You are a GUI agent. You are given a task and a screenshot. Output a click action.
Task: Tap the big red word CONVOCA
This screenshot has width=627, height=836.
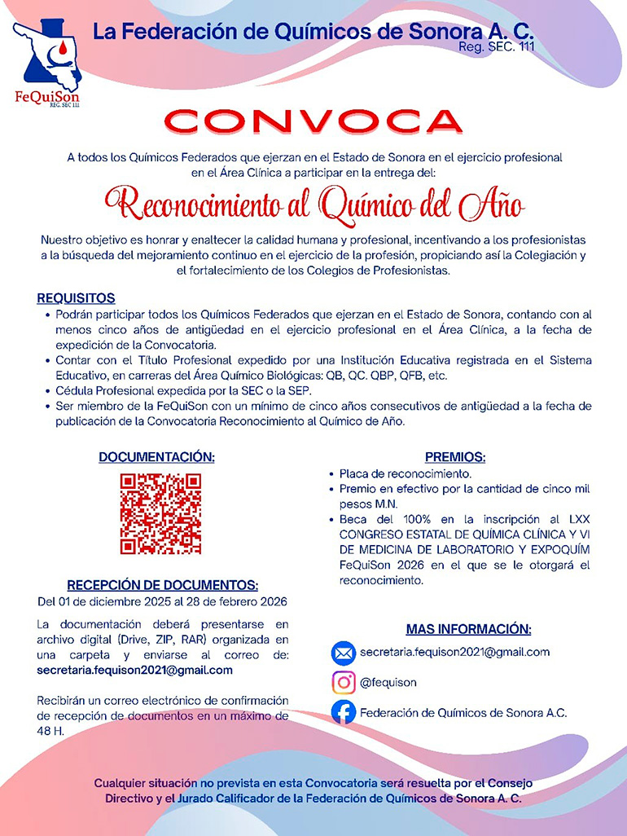313,122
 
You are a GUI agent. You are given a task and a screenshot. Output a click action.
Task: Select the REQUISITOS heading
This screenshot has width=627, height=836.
76,298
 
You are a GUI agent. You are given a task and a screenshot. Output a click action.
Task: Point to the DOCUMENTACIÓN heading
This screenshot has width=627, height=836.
157,457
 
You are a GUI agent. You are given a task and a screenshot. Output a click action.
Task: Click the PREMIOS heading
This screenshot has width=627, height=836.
455,457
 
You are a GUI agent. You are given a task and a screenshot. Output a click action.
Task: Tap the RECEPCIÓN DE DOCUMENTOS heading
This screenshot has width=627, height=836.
162,585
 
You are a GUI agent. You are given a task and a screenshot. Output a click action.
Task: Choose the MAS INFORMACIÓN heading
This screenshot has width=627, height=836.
468,629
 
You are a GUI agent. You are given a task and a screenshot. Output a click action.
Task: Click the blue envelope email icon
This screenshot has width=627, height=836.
344,653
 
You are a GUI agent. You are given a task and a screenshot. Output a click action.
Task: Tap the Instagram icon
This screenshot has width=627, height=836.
344,682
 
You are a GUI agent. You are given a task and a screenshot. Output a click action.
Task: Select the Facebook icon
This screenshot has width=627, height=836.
344,712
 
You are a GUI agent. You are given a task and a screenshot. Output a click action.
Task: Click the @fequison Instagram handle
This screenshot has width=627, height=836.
388,683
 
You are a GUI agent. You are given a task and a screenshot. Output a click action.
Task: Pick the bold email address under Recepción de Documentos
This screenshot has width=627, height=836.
135,670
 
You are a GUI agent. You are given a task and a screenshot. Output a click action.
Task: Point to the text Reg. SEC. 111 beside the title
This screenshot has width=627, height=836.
497,47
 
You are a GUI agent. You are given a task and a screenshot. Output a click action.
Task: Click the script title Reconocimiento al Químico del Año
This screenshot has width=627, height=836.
313,203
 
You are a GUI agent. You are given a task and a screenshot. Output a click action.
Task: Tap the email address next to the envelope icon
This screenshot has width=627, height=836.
454,652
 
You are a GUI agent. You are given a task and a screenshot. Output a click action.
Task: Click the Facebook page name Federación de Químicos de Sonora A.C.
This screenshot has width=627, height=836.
463,712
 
